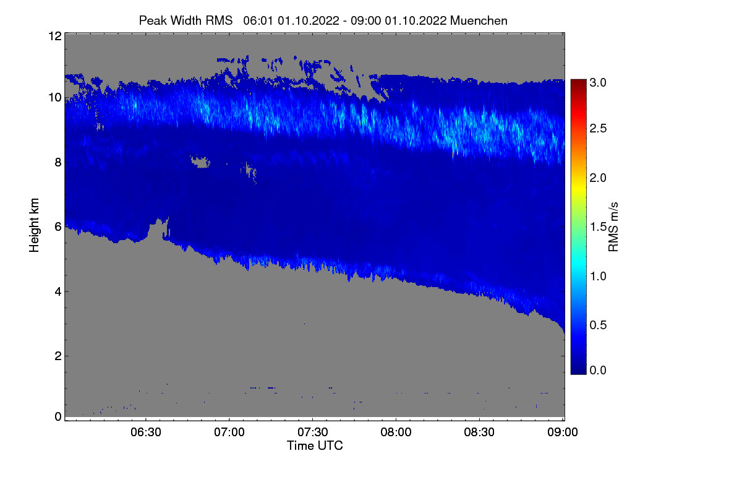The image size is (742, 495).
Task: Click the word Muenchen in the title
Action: pyautogui.click(x=479, y=20)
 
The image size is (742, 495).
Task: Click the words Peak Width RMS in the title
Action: pyautogui.click(x=185, y=20)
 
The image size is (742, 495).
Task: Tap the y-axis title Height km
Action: pyautogui.click(x=35, y=225)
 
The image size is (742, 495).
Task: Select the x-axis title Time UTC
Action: pyautogui.click(x=315, y=445)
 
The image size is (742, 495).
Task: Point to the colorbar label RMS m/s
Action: pyautogui.click(x=613, y=226)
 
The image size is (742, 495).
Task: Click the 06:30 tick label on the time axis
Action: pyautogui.click(x=146, y=433)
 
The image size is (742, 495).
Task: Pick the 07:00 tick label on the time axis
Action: pyautogui.click(x=229, y=433)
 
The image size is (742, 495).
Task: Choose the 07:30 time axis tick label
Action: pyautogui.click(x=313, y=433)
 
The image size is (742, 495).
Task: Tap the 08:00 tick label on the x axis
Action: pyautogui.click(x=396, y=433)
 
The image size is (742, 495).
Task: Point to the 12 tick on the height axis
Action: pyautogui.click(x=54, y=36)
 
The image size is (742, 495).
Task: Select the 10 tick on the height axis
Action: pyautogui.click(x=54, y=97)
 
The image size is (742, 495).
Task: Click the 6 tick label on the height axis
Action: pyautogui.click(x=58, y=227)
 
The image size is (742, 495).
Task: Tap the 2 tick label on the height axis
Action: pyautogui.click(x=58, y=356)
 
